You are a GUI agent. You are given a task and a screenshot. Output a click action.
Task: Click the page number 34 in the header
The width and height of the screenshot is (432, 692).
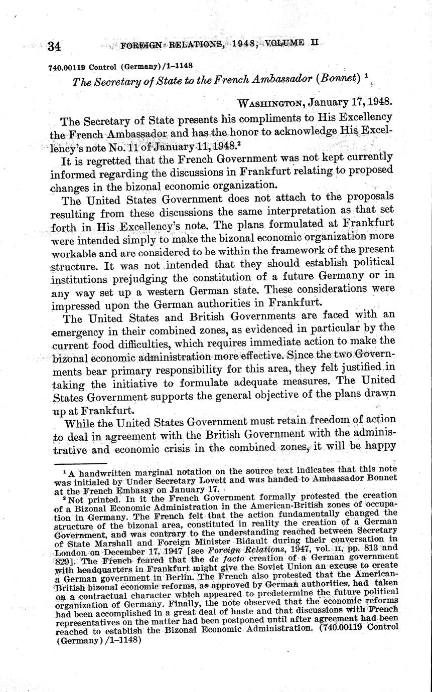(54, 47)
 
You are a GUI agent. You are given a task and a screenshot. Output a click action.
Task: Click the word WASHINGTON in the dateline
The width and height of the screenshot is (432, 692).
(270, 104)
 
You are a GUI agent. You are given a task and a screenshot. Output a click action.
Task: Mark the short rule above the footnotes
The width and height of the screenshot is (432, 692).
(81, 464)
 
